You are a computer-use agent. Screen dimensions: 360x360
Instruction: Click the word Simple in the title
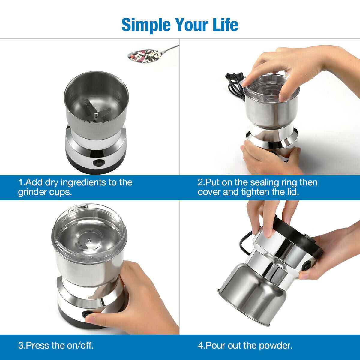pyautogui.click(x=146, y=25)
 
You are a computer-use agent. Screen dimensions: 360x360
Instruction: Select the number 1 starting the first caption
pyautogui.click(x=21, y=182)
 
